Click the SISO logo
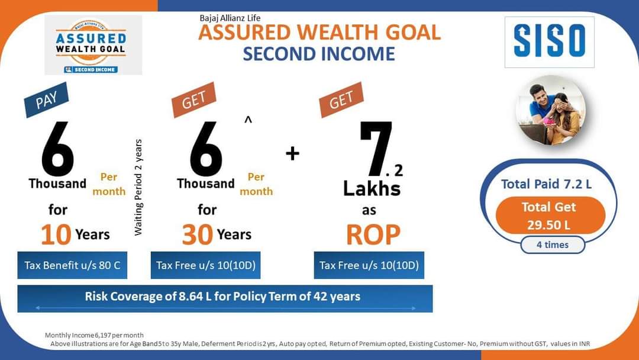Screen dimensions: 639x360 pyautogui.click(x=549, y=42)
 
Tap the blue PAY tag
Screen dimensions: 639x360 pyautogui.click(x=46, y=100)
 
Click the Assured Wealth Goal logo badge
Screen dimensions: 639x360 pyautogui.click(x=93, y=45)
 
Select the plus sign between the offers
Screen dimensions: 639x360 pyautogui.click(x=293, y=154)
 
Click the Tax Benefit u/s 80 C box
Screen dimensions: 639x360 pyautogui.click(x=72, y=265)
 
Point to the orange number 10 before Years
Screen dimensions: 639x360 pyautogui.click(x=56, y=235)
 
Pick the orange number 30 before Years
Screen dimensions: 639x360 pyautogui.click(x=198, y=235)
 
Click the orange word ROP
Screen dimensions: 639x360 pyautogui.click(x=373, y=235)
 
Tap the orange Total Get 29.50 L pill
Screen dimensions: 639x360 pyautogui.click(x=550, y=216)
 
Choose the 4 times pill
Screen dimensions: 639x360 pyautogui.click(x=553, y=245)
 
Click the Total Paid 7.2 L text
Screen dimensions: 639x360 pyautogui.click(x=546, y=184)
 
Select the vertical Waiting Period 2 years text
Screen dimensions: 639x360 pyautogui.click(x=138, y=187)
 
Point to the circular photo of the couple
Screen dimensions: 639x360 pyautogui.click(x=551, y=111)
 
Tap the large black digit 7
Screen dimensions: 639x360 pyautogui.click(x=376, y=148)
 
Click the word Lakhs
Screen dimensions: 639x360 pyautogui.click(x=372, y=189)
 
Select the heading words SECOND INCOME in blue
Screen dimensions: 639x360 pyautogui.click(x=319, y=54)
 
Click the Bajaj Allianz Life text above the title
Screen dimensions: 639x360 pyautogui.click(x=230, y=18)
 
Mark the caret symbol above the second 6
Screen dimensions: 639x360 pyautogui.click(x=248, y=120)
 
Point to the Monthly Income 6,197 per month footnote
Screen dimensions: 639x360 pyautogui.click(x=94, y=335)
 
